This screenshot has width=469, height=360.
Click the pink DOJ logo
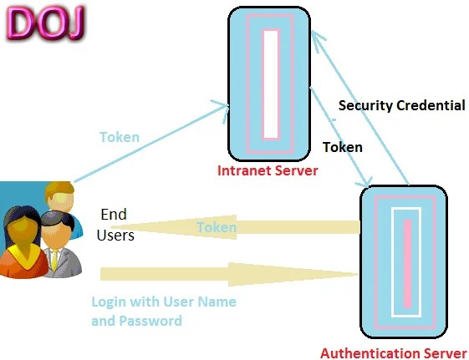(x=45, y=23)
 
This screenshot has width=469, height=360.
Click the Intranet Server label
(x=268, y=170)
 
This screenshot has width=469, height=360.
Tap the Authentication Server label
(x=393, y=353)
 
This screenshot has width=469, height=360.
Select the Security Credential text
(x=401, y=105)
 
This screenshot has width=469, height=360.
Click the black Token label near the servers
(x=343, y=147)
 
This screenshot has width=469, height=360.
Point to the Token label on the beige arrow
(x=217, y=227)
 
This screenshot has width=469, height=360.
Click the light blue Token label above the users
(x=120, y=137)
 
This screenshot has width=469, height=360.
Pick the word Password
(x=150, y=321)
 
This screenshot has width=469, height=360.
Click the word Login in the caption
(x=110, y=302)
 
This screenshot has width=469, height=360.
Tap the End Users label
(x=115, y=225)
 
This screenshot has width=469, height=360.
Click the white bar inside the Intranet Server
(x=271, y=84)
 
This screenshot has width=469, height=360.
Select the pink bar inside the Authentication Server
(x=407, y=263)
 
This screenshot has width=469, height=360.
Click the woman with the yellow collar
(x=23, y=242)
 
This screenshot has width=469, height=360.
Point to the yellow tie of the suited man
(x=54, y=261)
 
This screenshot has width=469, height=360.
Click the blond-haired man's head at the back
(x=60, y=196)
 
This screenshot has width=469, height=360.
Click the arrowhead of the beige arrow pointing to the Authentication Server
(x=293, y=274)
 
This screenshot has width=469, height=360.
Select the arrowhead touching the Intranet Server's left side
(x=223, y=110)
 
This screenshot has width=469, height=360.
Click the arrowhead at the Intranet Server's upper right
(x=318, y=41)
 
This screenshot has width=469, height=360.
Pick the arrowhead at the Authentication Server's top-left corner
(x=365, y=180)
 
